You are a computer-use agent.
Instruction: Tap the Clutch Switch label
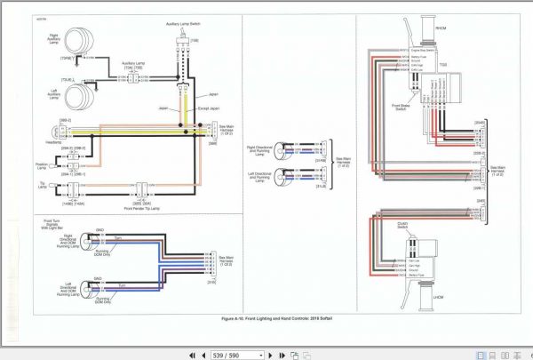click(404, 224)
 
